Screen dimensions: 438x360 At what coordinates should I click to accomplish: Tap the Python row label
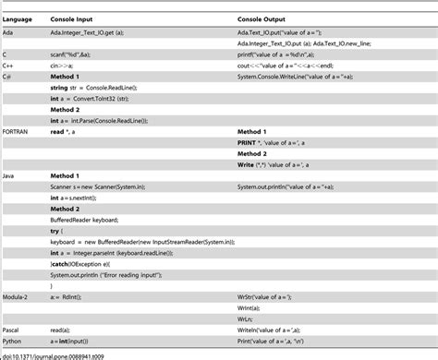point(14,341)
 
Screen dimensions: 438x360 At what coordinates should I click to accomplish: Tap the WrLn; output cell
point(246,314)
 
